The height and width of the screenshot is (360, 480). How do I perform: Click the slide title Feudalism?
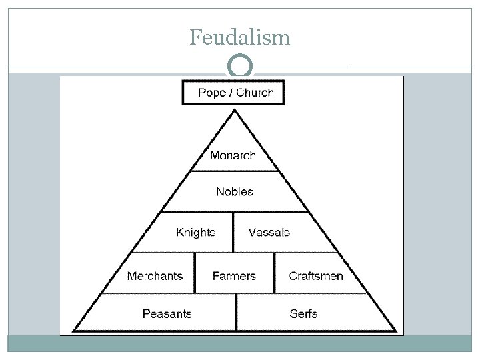pyautogui.click(x=239, y=37)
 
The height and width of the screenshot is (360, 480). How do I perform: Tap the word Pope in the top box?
pyautogui.click(x=211, y=93)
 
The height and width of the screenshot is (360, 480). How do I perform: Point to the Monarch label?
pyautogui.click(x=233, y=155)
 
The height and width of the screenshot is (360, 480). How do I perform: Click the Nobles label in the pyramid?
pyautogui.click(x=235, y=192)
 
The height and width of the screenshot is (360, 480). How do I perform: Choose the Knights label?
pyautogui.click(x=195, y=233)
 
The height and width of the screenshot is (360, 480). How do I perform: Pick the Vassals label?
pyautogui.click(x=269, y=233)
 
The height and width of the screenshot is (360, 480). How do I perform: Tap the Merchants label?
pyautogui.click(x=155, y=276)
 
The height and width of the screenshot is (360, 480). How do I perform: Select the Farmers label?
pyautogui.click(x=234, y=276)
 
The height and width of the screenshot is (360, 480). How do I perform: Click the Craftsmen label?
pyautogui.click(x=316, y=276)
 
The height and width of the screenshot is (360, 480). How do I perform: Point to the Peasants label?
pyautogui.click(x=167, y=313)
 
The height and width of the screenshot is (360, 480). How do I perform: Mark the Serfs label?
pyautogui.click(x=303, y=313)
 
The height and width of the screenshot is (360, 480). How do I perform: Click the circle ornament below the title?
pyautogui.click(x=239, y=67)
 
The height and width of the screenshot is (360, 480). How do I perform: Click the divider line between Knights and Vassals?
pyautogui.click(x=233, y=232)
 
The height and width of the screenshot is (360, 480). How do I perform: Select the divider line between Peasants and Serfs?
pyautogui.click(x=237, y=312)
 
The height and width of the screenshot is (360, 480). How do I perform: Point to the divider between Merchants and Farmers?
pyautogui.click(x=195, y=273)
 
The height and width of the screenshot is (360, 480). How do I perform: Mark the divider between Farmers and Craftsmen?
pyautogui.click(x=274, y=273)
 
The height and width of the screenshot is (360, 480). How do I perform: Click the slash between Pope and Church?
pyautogui.click(x=230, y=93)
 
